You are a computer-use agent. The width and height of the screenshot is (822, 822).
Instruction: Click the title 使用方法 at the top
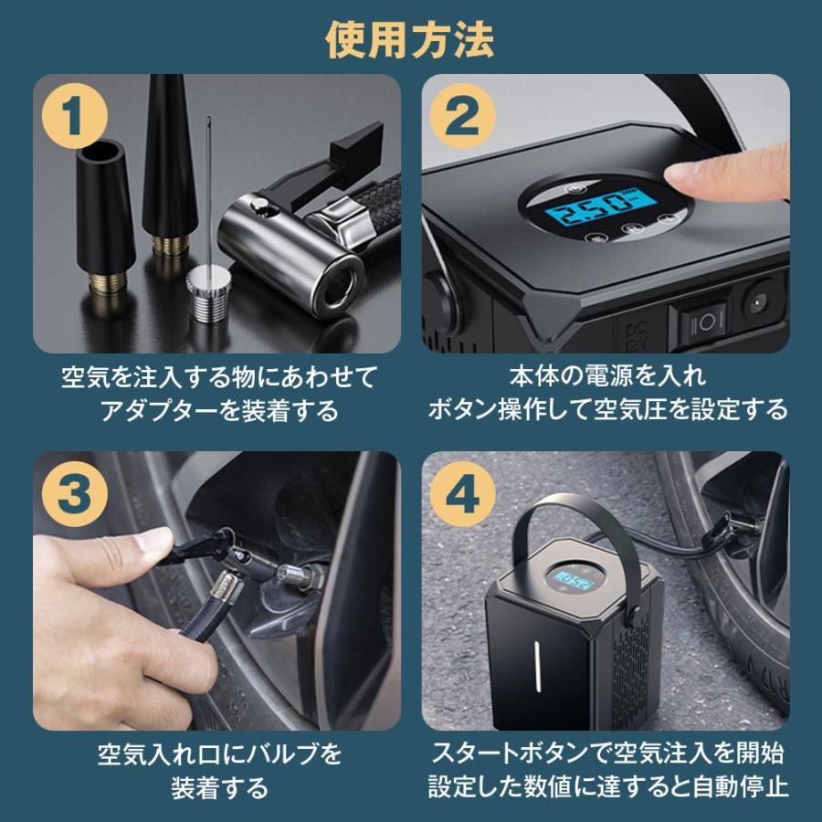410,38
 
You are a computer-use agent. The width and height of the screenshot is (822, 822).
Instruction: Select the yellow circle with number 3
72,492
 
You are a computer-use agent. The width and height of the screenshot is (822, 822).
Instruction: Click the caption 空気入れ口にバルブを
219,755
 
